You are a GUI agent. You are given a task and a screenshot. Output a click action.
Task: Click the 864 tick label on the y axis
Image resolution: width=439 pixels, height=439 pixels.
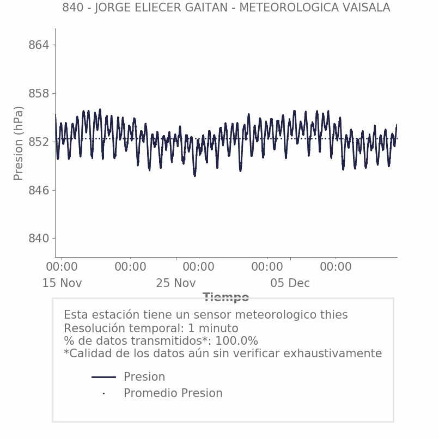tap(39, 45)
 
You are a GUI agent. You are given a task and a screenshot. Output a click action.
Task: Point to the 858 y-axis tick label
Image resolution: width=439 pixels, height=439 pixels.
tap(39, 94)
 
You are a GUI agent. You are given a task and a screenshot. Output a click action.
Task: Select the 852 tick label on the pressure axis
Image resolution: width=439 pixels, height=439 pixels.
tap(39, 142)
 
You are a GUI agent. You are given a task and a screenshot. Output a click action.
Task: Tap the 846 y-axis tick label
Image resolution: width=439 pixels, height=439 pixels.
tap(39, 191)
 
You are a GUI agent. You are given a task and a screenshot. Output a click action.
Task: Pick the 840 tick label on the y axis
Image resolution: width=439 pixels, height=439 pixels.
tap(39, 239)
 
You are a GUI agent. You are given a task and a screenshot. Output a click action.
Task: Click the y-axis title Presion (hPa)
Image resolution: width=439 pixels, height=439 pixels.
tap(19, 143)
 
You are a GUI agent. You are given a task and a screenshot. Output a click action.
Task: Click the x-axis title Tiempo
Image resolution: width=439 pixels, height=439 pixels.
tap(225, 297)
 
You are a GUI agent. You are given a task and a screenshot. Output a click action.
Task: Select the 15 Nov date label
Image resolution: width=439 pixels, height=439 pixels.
tap(62, 283)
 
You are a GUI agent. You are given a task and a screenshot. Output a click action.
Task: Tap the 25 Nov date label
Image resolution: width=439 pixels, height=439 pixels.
tap(176, 283)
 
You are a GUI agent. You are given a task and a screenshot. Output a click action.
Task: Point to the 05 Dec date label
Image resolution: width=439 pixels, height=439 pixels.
tap(290, 283)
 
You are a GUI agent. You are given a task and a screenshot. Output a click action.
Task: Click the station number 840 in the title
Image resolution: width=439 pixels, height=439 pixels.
tap(72, 8)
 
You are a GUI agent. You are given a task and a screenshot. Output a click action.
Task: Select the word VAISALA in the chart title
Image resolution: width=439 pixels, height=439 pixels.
tap(364, 8)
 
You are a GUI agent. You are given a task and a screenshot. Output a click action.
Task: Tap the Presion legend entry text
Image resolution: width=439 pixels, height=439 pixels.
tap(144, 377)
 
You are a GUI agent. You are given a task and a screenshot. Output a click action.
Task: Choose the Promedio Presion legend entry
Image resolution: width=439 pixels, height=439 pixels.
tap(173, 393)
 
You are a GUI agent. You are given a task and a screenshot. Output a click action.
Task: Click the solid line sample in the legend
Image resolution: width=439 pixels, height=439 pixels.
tap(103, 377)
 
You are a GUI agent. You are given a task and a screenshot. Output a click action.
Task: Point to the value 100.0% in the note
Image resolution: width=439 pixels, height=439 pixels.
tap(237, 341)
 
